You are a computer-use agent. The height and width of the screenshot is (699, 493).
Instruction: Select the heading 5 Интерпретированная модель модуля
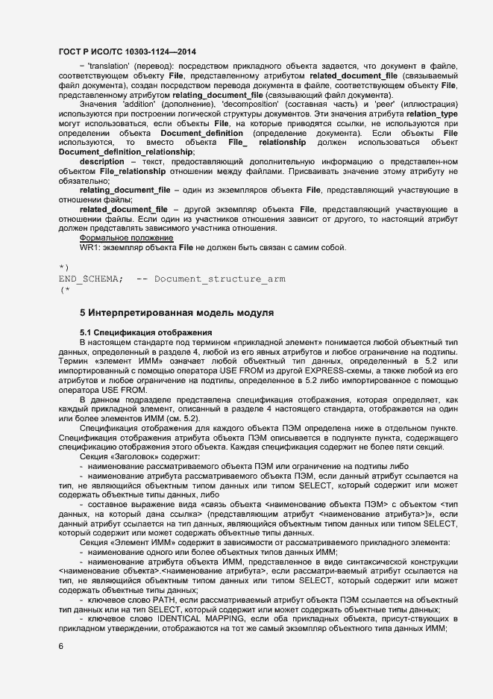[x=176, y=311]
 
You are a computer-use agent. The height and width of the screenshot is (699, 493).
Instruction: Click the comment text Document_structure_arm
[x=219, y=279]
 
